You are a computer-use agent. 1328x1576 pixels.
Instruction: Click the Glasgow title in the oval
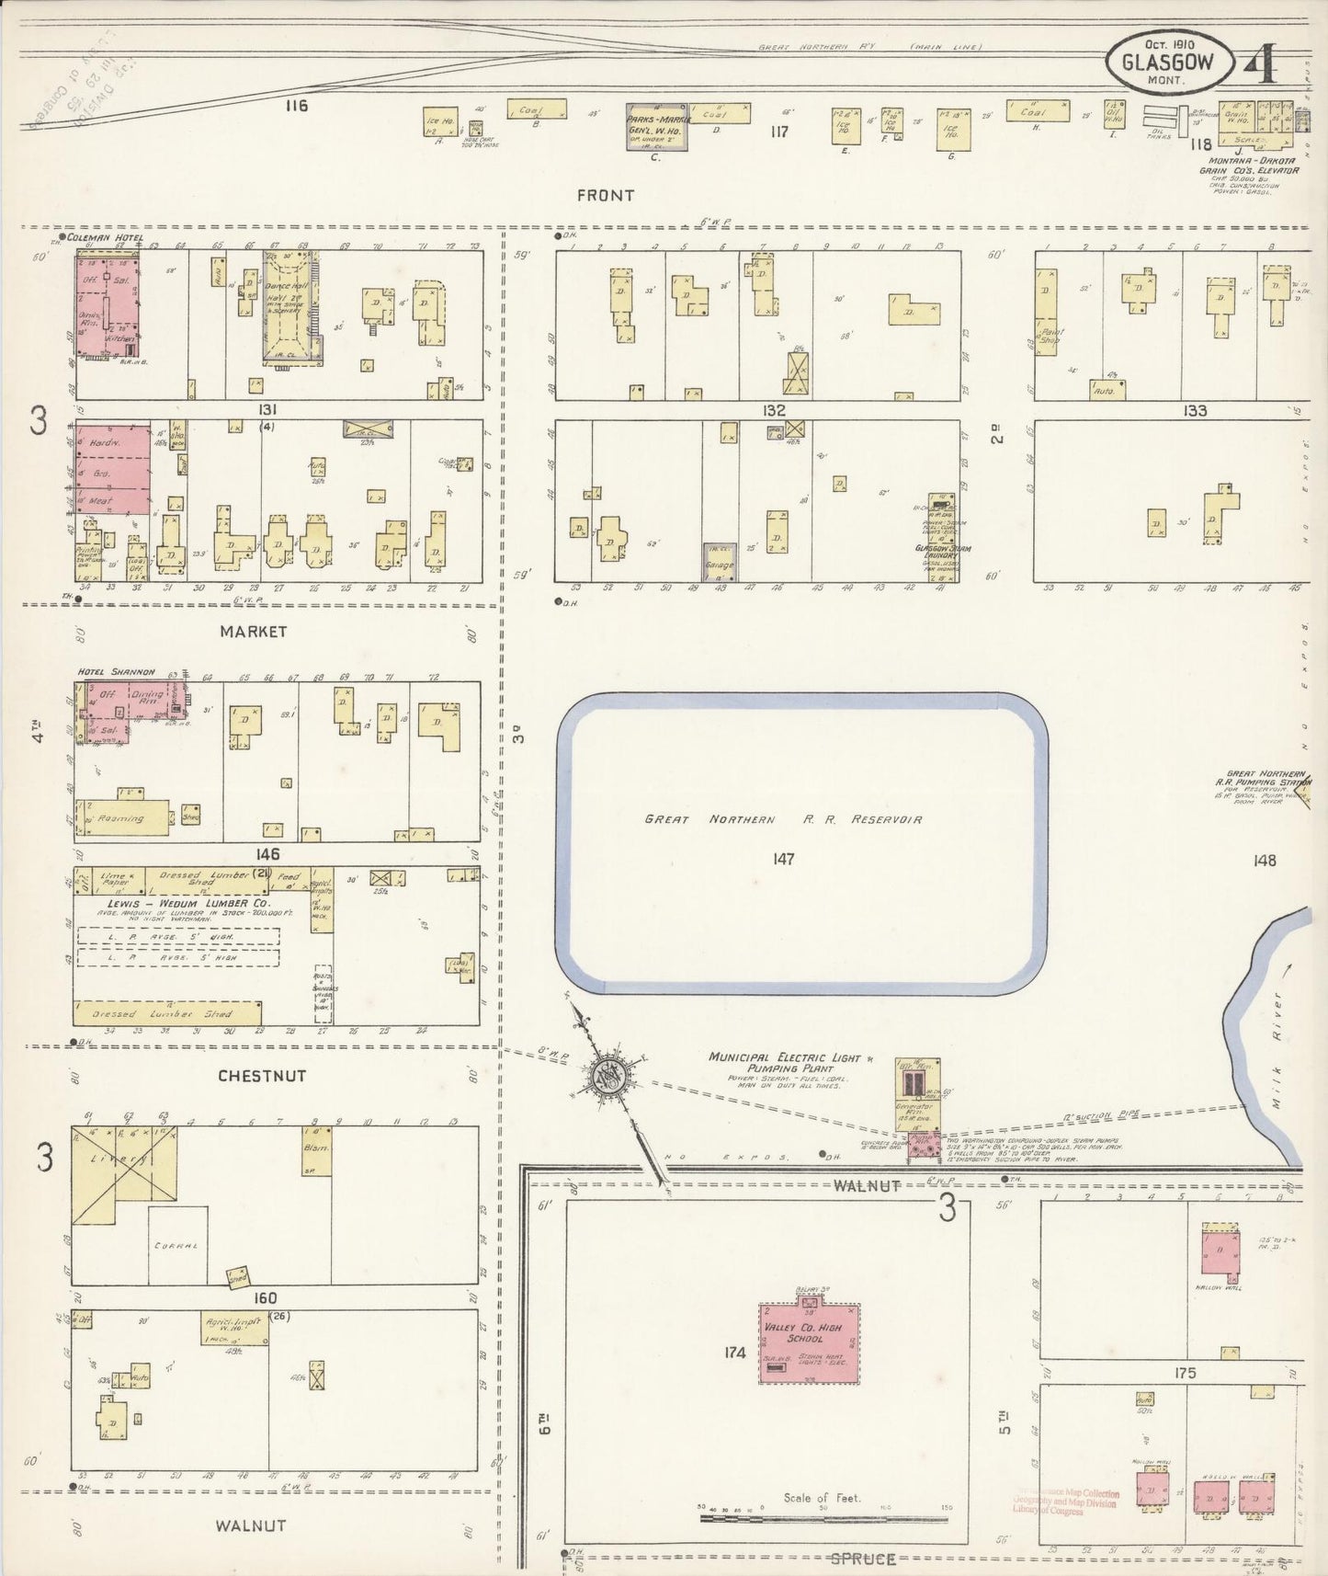pyautogui.click(x=1165, y=63)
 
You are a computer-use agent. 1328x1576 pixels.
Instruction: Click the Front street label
pyautogui.click(x=606, y=195)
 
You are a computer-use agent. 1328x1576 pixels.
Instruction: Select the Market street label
pyautogui.click(x=253, y=632)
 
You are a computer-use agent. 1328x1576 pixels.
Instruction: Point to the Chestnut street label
pyautogui.click(x=262, y=1075)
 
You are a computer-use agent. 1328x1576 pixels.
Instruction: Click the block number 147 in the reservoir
pyautogui.click(x=784, y=859)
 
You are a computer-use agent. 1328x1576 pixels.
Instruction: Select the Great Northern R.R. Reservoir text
pyautogui.click(x=783, y=819)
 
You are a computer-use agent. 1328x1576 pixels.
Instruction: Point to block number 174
pyautogui.click(x=734, y=1353)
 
